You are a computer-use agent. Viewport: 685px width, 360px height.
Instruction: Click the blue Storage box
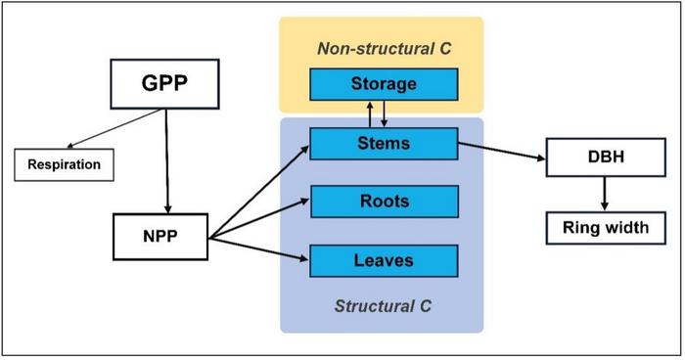[384, 84]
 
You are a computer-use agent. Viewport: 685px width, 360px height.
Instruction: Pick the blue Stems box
[384, 144]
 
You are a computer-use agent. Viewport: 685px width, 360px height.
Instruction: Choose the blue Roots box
[384, 202]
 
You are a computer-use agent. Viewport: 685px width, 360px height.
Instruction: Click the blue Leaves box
[384, 260]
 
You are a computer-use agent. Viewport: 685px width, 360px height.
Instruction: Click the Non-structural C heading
[383, 46]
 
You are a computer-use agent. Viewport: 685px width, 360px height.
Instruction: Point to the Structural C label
[383, 306]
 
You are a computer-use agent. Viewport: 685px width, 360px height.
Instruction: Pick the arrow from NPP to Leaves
[259, 247]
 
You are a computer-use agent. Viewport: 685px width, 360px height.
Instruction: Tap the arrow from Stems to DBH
[502, 152]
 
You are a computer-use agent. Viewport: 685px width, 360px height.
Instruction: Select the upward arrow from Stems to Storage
[368, 113]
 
